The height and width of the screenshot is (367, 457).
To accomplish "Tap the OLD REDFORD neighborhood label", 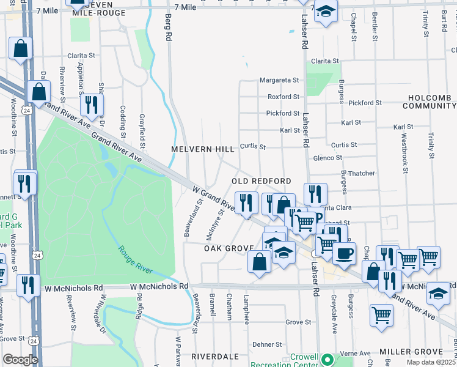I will coord(260,182).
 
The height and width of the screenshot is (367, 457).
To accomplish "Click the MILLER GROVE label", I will coord(410,352).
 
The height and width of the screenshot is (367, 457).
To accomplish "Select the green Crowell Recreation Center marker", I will coord(327,360).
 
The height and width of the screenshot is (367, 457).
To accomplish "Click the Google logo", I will coord(20,360).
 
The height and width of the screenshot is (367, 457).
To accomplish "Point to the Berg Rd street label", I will coord(169,28).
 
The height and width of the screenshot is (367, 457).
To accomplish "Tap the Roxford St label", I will coord(283,97).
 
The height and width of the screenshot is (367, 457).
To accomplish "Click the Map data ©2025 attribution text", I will coord(431,362).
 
